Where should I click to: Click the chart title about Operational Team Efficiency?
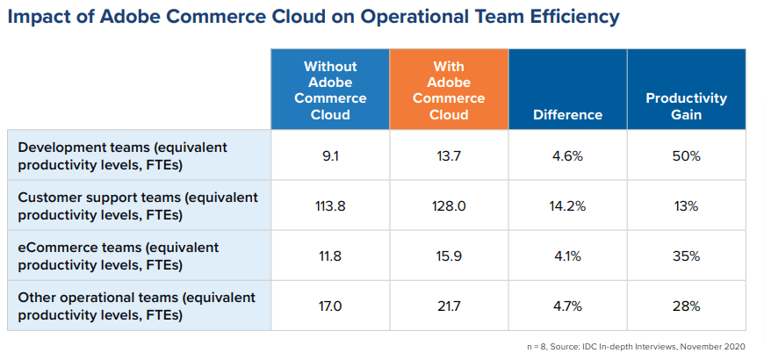(313, 17)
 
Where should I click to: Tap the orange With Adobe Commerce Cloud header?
(450, 90)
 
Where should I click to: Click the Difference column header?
(567, 114)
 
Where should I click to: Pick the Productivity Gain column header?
(686, 106)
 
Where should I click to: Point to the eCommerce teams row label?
(119, 256)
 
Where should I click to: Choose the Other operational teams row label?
(136, 306)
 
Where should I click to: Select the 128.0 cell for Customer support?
(450, 205)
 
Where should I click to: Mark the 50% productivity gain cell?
(686, 155)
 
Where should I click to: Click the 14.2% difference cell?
(567, 205)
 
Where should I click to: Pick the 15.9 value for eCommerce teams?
(450, 256)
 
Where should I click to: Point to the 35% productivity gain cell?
(686, 256)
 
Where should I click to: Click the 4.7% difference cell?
(567, 306)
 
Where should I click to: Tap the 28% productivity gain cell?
(686, 306)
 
